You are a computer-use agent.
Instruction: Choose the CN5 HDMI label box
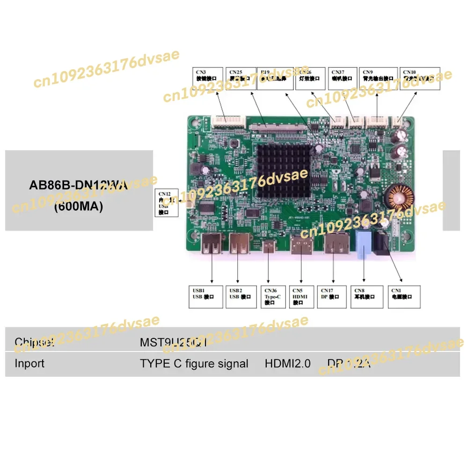301,296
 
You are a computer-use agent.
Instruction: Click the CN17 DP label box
331,296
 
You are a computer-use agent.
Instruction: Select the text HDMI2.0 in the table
287,364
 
